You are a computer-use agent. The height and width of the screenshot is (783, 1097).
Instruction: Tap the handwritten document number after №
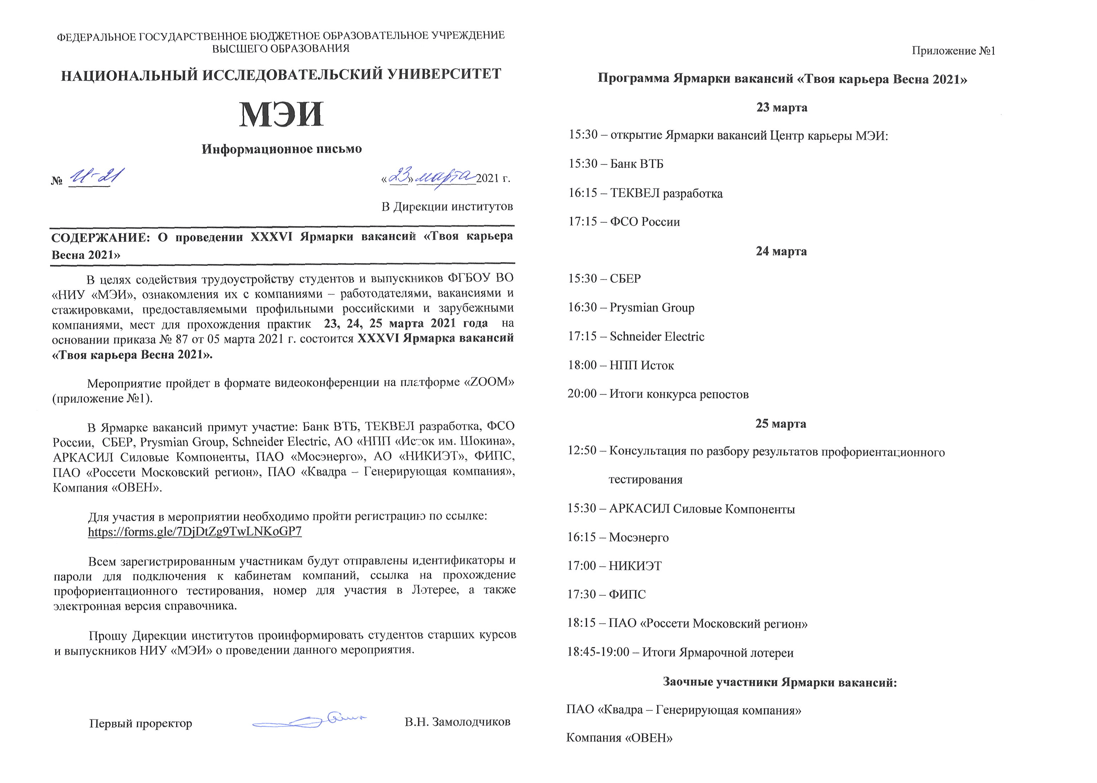[x=96, y=177]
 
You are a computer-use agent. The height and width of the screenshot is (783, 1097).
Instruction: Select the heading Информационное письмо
[x=282, y=149]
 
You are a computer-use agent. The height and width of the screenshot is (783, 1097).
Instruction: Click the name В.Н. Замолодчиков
[x=458, y=722]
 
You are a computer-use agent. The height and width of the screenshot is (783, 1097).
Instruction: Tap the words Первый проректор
[x=141, y=723]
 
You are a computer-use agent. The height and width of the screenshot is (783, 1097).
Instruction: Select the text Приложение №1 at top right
[x=954, y=51]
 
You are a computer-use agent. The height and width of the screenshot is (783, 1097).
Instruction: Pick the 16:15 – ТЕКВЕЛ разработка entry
[x=646, y=193]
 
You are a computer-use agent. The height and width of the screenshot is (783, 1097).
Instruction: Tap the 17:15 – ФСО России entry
[x=624, y=222]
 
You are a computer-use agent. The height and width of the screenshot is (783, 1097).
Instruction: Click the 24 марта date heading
[x=781, y=251]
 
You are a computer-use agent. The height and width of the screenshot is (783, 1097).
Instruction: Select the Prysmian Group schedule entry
[x=631, y=308]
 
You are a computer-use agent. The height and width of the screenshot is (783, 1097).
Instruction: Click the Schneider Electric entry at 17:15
[x=636, y=336]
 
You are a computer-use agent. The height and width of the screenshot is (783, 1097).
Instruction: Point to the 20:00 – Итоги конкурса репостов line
[x=658, y=394]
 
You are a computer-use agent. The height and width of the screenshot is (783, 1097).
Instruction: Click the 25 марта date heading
[x=781, y=424]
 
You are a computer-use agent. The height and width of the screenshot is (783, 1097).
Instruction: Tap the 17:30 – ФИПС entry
[x=606, y=595]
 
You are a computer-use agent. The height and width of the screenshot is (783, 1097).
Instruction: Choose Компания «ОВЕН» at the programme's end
[x=619, y=738]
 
